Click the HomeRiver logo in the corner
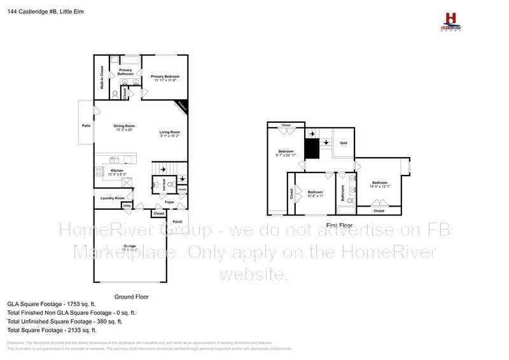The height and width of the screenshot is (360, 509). point(451,21)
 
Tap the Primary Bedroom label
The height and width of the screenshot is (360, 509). point(165,78)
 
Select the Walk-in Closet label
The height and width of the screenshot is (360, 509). point(101,77)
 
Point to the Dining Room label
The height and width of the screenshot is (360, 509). point(124,127)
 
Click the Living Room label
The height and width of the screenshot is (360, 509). point(169,133)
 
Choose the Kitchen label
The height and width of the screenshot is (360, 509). point(117,172)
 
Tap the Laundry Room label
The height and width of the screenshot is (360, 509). point(111,198)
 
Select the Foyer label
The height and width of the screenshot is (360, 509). point(169,202)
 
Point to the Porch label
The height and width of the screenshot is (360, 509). point(178,221)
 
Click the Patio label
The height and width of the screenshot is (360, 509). point(87,126)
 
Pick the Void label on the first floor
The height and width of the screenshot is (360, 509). point(344,144)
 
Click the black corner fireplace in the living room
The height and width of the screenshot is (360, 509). point(183,106)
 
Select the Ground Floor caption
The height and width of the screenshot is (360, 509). point(131,297)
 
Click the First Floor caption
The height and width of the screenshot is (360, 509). point(339,226)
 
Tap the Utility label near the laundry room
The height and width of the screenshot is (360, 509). point(127,206)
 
